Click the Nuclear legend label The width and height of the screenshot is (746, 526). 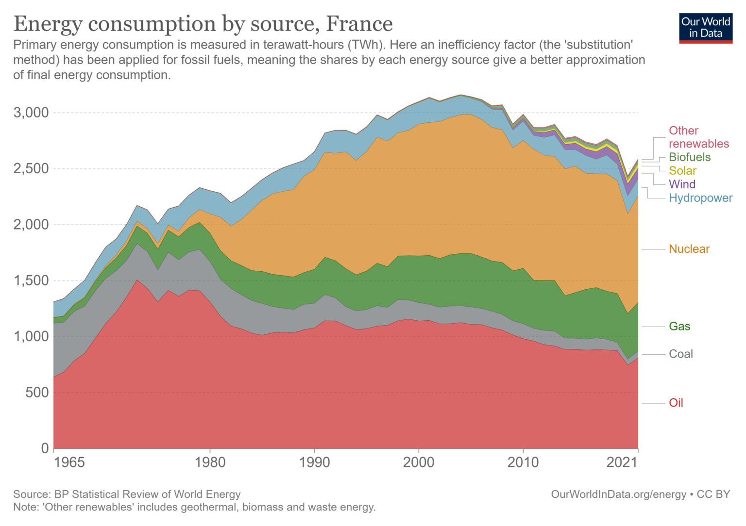[689, 249]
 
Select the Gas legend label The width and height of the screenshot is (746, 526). [679, 327]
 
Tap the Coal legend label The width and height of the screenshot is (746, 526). [680, 354]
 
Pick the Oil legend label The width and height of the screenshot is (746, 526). [676, 403]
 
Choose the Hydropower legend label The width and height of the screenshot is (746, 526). [700, 198]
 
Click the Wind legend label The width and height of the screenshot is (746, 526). [681, 184]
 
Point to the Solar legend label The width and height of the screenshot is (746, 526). [682, 171]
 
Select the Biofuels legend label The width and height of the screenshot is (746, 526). [689, 157]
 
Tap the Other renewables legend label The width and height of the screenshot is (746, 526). [698, 137]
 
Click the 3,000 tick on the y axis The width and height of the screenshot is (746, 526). [31, 113]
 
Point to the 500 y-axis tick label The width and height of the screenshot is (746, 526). [37, 392]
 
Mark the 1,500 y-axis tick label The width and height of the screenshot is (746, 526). [31, 280]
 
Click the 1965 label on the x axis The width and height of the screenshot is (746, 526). [69, 462]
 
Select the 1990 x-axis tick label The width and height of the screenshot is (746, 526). [314, 462]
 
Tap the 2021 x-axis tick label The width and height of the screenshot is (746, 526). [622, 462]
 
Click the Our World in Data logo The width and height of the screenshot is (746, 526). [705, 28]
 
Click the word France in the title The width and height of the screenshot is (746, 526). [359, 23]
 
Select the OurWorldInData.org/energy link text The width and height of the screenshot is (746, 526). [618, 494]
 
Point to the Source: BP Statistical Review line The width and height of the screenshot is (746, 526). [127, 494]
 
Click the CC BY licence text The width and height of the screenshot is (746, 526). [713, 494]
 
